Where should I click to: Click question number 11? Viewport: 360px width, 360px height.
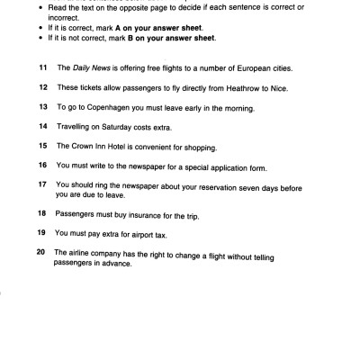41,68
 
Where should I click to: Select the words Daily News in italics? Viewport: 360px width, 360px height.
88,68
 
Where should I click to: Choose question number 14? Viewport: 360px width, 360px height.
41,127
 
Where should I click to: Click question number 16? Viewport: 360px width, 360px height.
41,166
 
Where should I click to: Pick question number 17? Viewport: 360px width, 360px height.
41,184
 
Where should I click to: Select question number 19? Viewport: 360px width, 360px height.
41,234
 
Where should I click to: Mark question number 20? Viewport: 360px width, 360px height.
41,253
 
